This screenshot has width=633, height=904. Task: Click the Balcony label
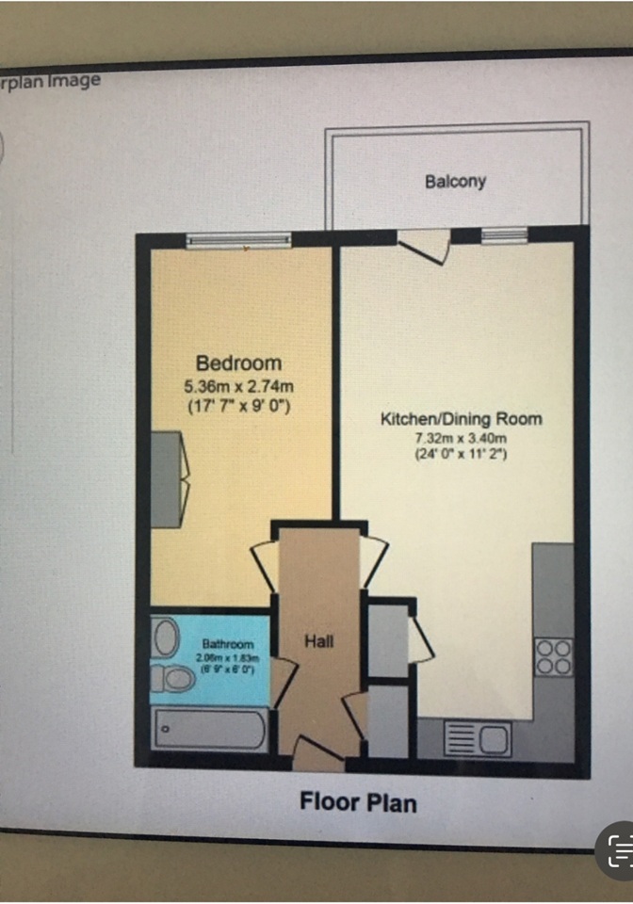455,181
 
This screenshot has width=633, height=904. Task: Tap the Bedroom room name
238,363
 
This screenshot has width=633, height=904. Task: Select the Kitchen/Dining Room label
462,418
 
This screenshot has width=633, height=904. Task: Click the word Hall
319,641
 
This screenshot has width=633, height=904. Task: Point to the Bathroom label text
221,643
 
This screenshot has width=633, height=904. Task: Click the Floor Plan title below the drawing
358,802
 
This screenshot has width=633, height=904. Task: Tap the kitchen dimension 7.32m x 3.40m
462,438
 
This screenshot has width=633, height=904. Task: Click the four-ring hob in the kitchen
553,656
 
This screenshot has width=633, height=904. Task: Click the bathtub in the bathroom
209,729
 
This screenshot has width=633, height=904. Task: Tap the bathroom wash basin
167,638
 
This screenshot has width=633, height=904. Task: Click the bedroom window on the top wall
238,242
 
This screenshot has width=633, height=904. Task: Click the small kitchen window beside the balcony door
499,235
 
